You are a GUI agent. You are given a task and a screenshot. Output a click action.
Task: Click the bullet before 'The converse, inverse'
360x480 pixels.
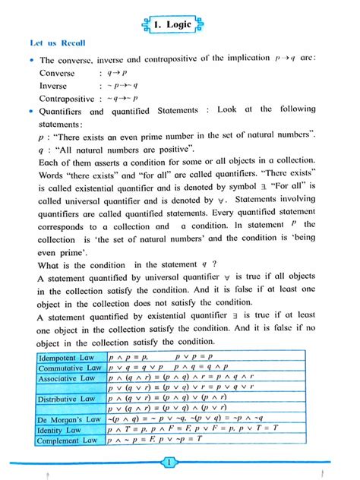click(x=31, y=60)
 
